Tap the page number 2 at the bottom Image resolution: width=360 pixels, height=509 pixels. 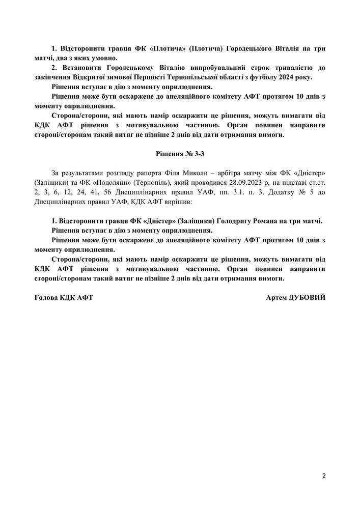[324, 476]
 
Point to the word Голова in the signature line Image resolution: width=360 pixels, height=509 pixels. [47, 297]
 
